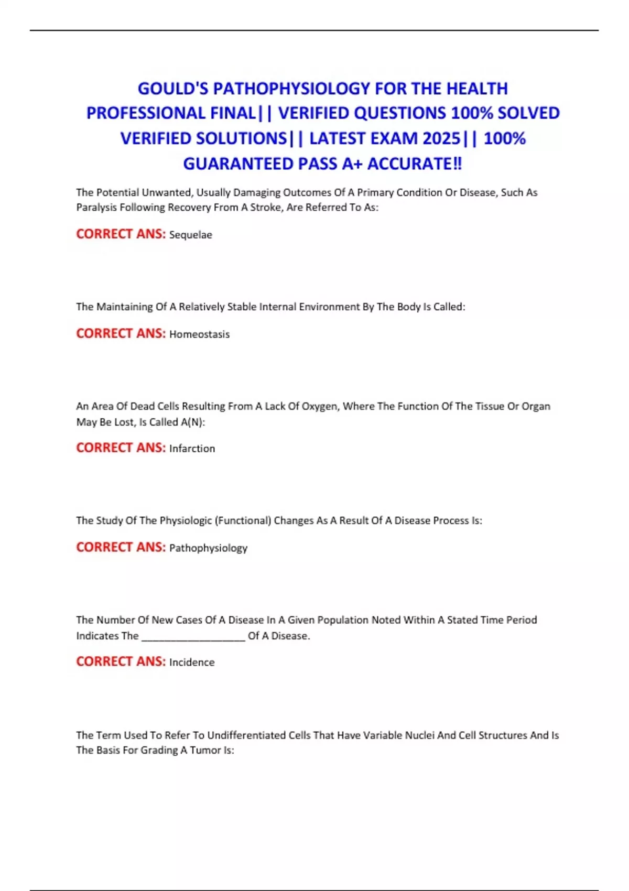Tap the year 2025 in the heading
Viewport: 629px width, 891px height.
tap(441, 138)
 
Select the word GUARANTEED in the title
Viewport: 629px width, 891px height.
tap(238, 164)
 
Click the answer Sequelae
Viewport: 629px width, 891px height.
tap(190, 235)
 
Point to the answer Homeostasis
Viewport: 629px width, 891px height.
tap(199, 334)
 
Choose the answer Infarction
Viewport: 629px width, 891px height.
tap(192, 449)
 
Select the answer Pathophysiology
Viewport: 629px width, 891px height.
tap(208, 548)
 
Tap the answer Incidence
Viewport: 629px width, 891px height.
tap(192, 662)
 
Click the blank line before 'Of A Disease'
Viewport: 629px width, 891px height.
tap(193, 636)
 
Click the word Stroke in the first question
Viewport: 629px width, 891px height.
tap(267, 208)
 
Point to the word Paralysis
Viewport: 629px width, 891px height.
tap(96, 208)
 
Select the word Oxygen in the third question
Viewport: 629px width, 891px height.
tap(320, 406)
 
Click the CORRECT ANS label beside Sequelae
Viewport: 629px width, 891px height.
tap(121, 234)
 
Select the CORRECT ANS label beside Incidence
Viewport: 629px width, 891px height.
tap(121, 662)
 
